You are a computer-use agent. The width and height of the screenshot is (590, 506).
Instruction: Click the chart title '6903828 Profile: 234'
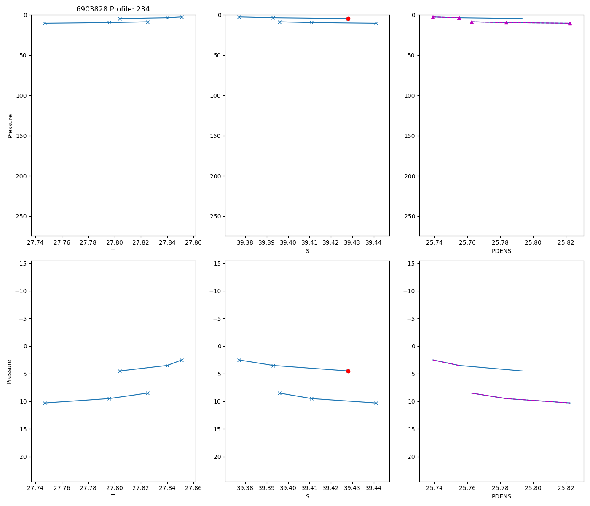point(113,9)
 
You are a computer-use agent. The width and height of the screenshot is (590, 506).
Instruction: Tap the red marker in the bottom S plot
point(348,371)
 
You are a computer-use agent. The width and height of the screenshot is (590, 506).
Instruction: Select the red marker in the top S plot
point(348,19)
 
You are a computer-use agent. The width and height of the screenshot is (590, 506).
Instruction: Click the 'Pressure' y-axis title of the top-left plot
point(11,126)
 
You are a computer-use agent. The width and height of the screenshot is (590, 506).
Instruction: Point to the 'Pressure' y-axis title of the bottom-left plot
point(9,371)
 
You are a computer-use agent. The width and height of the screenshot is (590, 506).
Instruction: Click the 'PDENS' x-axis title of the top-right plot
point(501,251)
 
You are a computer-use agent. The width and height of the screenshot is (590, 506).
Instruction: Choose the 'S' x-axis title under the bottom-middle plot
point(308,496)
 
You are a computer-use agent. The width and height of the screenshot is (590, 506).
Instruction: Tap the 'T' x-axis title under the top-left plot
point(113,251)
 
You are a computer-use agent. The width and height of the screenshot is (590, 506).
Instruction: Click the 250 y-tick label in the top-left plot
point(21,216)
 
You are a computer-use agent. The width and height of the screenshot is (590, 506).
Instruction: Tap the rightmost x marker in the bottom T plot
point(182,360)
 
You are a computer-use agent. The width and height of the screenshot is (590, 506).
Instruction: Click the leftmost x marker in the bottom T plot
point(45,403)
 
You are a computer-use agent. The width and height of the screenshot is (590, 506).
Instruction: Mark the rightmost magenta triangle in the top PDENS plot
point(570,23)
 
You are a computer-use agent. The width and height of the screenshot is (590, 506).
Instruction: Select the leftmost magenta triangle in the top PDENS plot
point(433,17)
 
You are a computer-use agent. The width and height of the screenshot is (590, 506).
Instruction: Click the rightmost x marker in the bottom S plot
point(376,403)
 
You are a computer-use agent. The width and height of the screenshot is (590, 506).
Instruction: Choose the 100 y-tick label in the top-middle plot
point(215,96)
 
